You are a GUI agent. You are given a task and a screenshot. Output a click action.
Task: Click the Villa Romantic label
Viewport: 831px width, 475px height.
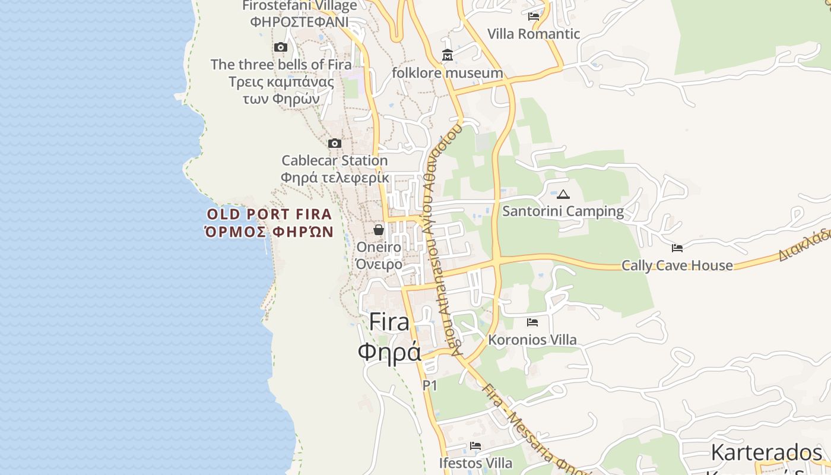(533, 34)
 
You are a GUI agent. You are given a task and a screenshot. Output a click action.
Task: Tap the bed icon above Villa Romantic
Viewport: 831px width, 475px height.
(534, 17)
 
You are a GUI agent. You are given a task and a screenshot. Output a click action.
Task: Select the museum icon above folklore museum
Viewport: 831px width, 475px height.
(448, 55)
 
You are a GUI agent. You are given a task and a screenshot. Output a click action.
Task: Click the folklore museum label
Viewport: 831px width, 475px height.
(448, 73)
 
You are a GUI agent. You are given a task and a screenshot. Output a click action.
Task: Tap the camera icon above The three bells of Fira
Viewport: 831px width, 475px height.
(281, 47)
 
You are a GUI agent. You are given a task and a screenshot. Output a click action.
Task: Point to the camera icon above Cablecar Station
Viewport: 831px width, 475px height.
(335, 143)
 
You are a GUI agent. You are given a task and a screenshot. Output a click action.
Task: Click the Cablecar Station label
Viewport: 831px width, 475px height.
(334, 160)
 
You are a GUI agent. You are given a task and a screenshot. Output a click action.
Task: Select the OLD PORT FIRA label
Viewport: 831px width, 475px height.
(269, 214)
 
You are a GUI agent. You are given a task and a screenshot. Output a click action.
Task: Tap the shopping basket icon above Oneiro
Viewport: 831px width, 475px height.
(379, 230)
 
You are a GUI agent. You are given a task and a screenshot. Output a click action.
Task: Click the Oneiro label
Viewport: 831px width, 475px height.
(379, 247)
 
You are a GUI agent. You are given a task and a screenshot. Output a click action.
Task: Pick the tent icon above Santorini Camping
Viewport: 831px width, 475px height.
(563, 194)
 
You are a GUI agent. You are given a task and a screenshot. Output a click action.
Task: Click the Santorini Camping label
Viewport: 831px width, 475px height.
(563, 211)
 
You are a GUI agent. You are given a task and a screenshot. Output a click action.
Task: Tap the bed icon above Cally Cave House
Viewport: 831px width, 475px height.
(677, 248)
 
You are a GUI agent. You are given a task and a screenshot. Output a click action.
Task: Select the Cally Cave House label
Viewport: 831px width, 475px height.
(677, 265)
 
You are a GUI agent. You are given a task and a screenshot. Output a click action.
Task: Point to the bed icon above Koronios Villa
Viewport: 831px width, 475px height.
(532, 322)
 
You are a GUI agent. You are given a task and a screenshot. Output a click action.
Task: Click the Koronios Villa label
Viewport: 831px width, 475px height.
(532, 340)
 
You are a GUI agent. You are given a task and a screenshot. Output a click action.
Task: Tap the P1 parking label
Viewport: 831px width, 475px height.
(430, 385)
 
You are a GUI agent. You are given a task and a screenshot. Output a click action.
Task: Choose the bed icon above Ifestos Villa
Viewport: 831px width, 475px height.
(475, 446)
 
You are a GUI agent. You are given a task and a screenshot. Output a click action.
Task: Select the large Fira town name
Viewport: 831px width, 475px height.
(389, 322)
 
